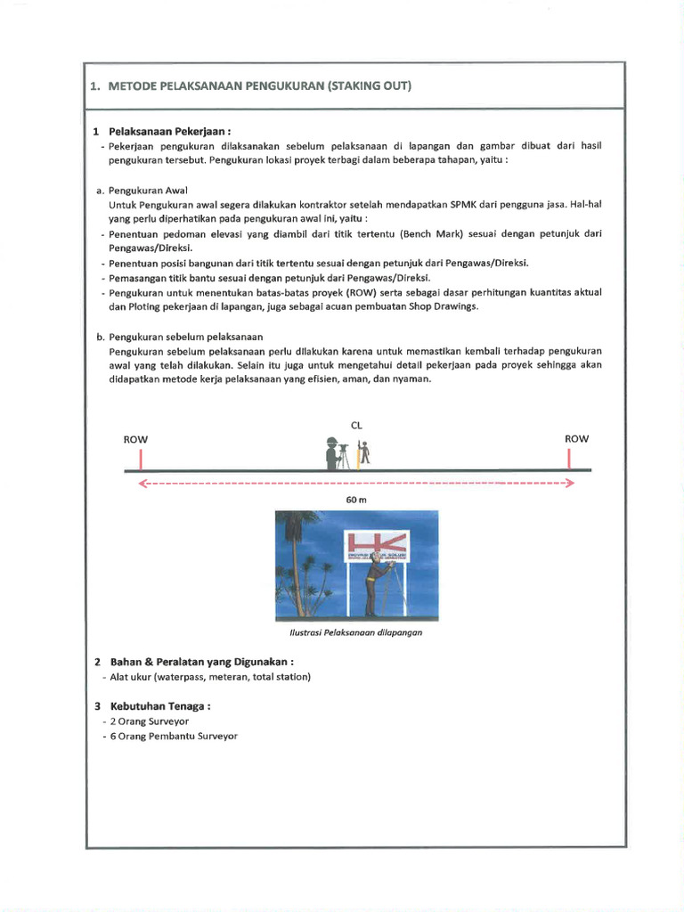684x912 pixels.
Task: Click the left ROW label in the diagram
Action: (x=135, y=439)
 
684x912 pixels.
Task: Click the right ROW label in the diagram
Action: (x=576, y=438)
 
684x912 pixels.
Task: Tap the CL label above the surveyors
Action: (x=358, y=426)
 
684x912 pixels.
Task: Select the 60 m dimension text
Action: (x=356, y=501)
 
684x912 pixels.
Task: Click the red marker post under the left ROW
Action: (x=141, y=459)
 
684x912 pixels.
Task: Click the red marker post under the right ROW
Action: (x=569, y=458)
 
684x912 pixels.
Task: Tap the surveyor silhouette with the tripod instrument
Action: (x=336, y=453)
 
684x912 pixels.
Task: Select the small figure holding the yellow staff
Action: (x=362, y=453)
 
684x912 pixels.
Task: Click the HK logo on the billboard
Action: (x=377, y=543)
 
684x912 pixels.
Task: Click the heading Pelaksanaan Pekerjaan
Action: (x=169, y=131)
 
